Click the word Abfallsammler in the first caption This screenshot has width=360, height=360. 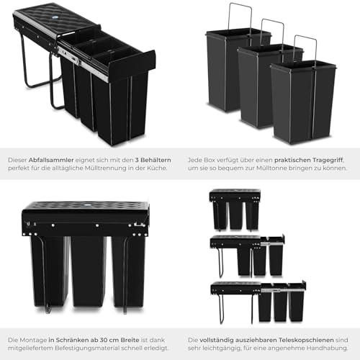coord(52,158)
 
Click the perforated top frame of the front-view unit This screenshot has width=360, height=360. coord(85,209)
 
